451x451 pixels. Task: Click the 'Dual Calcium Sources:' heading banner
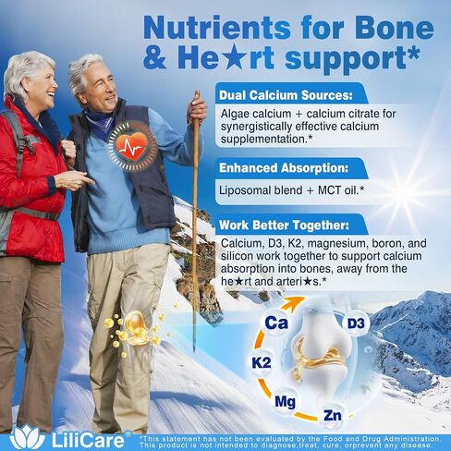pos(283,94)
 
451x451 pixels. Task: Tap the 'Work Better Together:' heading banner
pos(283,225)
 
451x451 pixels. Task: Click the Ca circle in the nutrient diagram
pos(274,323)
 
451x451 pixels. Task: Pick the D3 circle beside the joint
pos(357,323)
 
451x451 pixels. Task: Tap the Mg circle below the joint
pos(286,402)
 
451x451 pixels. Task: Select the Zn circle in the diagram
pos(334,415)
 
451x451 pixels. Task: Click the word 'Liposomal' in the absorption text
pos(249,191)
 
